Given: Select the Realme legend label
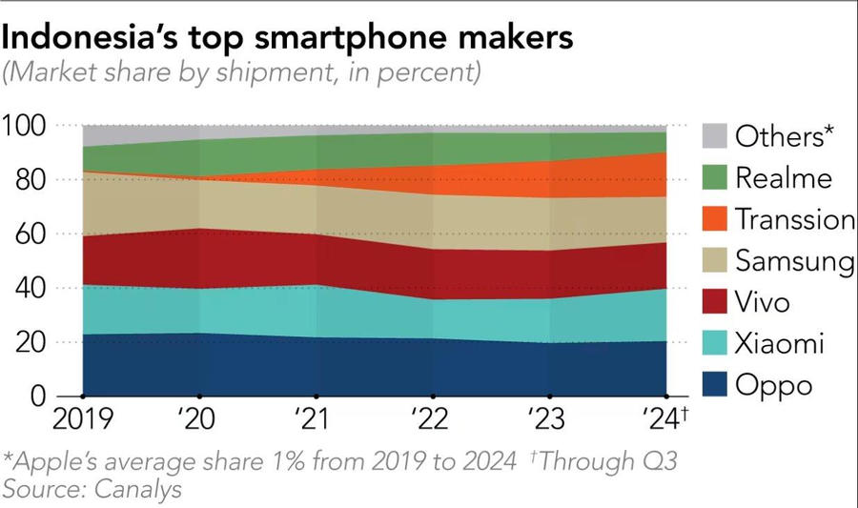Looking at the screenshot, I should tap(784, 177).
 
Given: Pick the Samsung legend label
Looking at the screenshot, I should tap(794, 261).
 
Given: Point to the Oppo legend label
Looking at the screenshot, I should tap(774, 386).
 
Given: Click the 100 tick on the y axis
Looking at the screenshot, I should tap(26, 126).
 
